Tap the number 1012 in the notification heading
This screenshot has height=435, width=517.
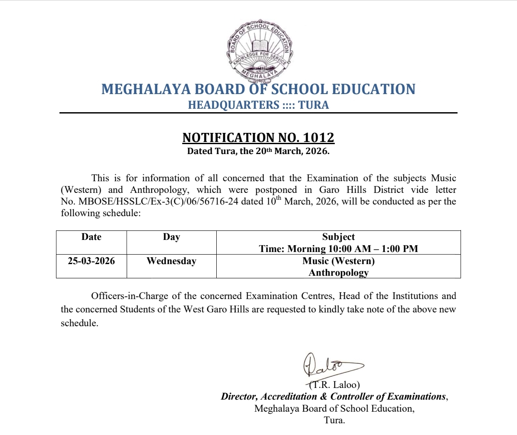[318, 137]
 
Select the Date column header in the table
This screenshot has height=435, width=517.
[91, 237]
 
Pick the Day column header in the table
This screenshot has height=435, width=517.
[171, 237]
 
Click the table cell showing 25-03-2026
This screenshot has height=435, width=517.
[91, 261]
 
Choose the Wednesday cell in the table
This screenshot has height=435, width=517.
[171, 261]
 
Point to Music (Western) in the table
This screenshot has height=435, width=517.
[339, 261]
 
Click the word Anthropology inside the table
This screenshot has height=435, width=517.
[339, 273]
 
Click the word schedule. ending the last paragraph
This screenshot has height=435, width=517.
[79, 323]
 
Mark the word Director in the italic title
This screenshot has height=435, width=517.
[239, 397]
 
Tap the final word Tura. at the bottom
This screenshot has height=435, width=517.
[334, 420]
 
